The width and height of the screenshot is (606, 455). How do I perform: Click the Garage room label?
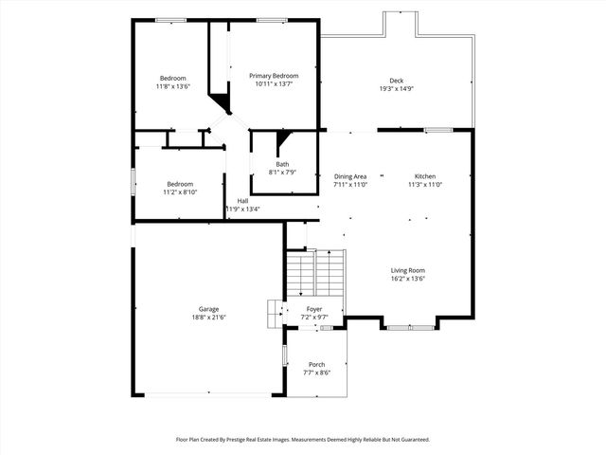[x=208, y=309]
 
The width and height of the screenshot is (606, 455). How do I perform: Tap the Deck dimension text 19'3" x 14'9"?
[x=397, y=89]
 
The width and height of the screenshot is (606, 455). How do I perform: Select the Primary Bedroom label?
[x=274, y=76]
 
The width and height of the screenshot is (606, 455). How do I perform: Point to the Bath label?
[x=283, y=164]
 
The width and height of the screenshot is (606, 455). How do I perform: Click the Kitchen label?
[x=425, y=176]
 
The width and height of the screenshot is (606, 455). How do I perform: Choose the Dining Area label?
[x=350, y=176]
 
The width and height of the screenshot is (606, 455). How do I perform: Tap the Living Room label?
[x=409, y=271]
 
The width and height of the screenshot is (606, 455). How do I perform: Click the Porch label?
[x=316, y=365]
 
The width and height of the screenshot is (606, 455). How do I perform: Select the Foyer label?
[x=312, y=309]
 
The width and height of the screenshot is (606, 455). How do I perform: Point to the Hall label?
[x=242, y=201]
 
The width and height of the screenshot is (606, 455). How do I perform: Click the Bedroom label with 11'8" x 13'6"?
[x=172, y=78]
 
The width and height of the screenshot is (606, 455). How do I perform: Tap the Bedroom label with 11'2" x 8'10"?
[x=181, y=184]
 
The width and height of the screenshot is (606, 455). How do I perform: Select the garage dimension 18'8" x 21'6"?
[x=208, y=317]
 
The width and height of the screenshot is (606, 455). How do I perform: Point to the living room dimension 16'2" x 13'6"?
[x=409, y=279]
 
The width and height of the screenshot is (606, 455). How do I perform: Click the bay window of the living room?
[x=410, y=327]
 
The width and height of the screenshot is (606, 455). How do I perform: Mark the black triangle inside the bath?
[x=281, y=143]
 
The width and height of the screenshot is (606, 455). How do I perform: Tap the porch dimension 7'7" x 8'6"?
[x=316, y=373]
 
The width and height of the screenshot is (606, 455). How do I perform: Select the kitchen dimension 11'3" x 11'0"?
[x=425, y=184]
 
